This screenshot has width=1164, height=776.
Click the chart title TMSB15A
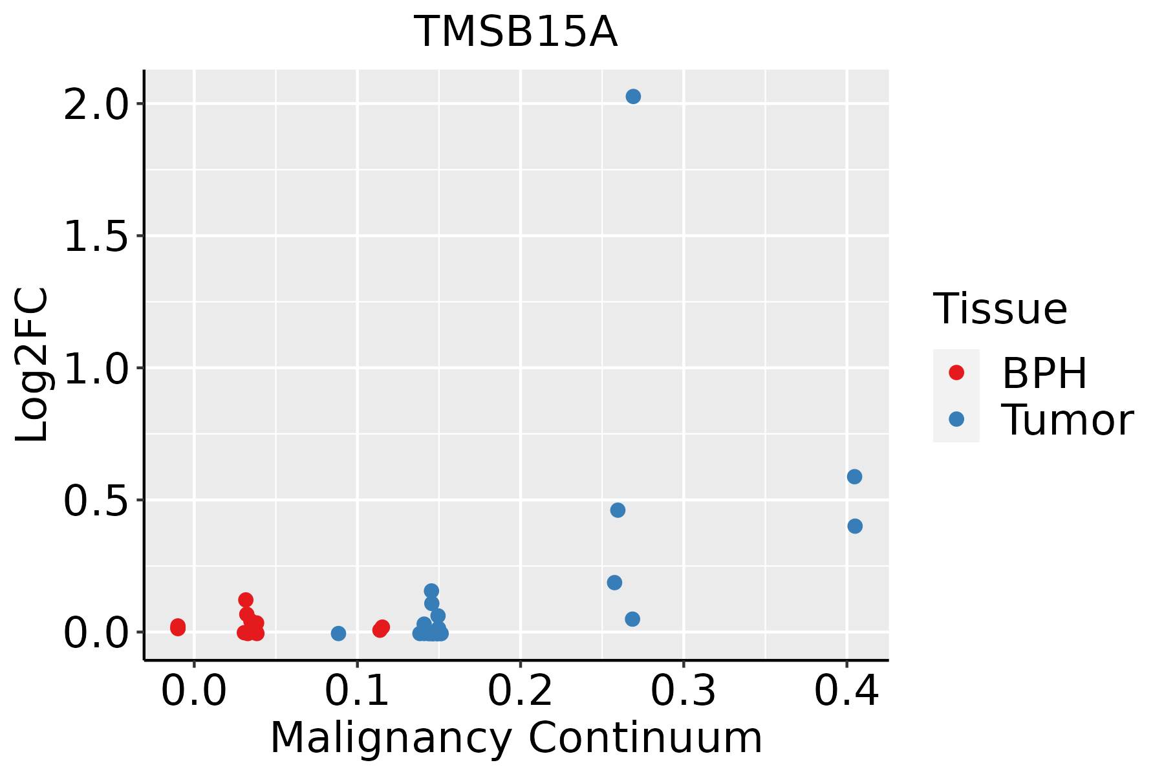pos(515,32)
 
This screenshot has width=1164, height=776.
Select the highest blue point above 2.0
pos(633,96)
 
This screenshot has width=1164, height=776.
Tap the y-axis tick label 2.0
pos(96,104)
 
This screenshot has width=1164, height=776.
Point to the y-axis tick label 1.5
pos(96,236)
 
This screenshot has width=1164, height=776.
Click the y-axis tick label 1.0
pos(96,369)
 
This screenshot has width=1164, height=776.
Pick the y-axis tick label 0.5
pos(96,501)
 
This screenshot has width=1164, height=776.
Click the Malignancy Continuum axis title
pos(515,738)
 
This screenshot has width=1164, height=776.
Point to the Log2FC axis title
pos(32,365)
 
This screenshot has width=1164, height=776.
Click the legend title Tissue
pos(1000,309)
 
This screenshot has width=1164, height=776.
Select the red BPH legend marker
pos(956,372)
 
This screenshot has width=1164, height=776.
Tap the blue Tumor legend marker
pos(956,420)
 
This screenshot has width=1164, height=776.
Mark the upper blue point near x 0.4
pos(854,477)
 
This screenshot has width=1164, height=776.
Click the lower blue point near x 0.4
pos(855,526)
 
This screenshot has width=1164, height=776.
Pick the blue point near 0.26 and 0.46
pos(618,510)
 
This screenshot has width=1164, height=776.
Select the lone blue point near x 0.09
pos(338,633)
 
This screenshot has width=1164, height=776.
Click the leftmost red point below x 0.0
pos(178,627)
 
